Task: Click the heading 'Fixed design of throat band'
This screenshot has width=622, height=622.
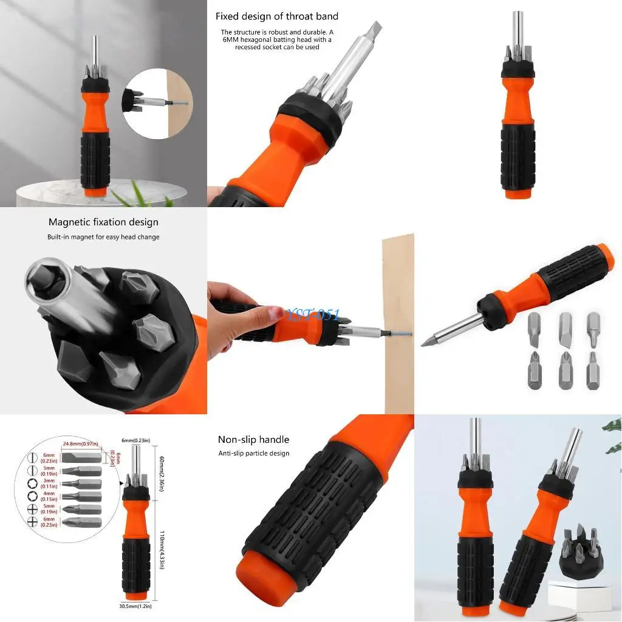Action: pyautogui.click(x=277, y=16)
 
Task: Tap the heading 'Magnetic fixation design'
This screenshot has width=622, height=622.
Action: pyautogui.click(x=103, y=222)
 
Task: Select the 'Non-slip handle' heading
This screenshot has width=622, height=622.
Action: pyautogui.click(x=253, y=439)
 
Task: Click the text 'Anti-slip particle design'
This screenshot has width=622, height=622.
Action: pyautogui.click(x=254, y=453)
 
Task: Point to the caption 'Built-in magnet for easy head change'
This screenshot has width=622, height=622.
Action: pyautogui.click(x=103, y=237)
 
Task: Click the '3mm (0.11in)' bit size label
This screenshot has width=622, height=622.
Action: pyautogui.click(x=49, y=483)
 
